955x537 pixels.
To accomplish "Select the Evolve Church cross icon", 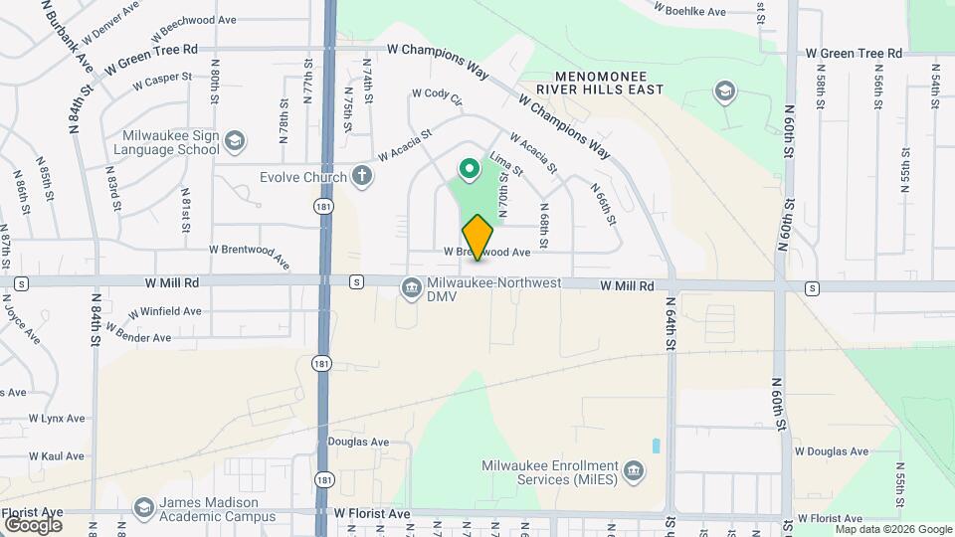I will click(x=362, y=177).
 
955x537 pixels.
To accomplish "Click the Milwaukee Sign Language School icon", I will click(x=234, y=141).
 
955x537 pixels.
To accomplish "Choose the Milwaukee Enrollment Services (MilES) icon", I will click(x=633, y=468).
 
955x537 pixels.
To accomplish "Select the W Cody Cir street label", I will click(x=438, y=95).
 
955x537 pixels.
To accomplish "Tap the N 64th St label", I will click(x=669, y=324).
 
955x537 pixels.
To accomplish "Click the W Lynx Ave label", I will click(x=57, y=419).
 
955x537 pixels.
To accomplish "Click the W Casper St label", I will click(x=161, y=79).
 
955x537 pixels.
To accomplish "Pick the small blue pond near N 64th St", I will click(x=656, y=446).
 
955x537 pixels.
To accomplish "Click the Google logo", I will click(x=33, y=524).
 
